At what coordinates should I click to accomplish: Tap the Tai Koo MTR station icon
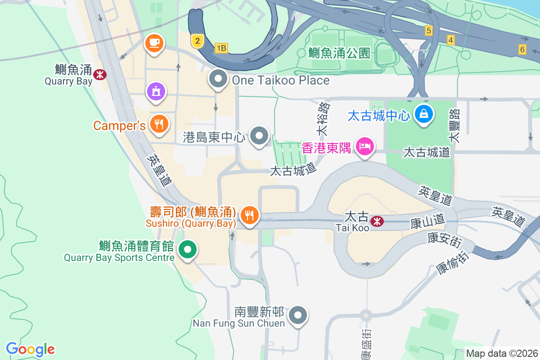377,220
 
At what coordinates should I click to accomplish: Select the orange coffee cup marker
154,43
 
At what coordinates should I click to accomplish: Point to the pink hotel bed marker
364,146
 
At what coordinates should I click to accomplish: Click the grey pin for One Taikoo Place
218,79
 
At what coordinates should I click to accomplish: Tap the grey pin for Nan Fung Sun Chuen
298,315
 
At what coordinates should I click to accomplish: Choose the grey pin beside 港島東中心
259,136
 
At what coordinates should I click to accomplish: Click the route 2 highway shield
197,41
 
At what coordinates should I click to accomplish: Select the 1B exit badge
221,48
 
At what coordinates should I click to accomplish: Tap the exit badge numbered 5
428,31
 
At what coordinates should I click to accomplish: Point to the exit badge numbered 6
522,49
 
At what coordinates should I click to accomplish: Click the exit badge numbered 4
450,40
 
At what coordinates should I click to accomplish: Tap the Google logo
30,349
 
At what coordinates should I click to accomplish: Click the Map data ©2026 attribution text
502,353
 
